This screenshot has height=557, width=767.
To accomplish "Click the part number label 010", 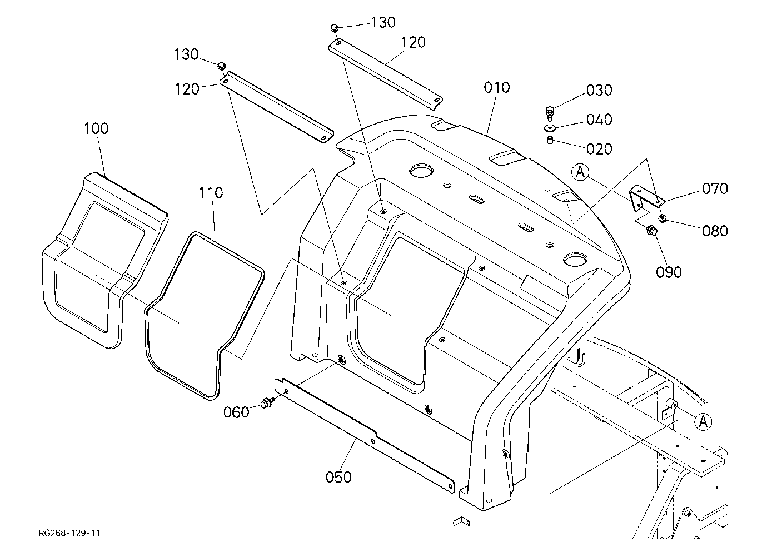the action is [x=496, y=88].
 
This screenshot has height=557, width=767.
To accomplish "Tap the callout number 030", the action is [x=599, y=90].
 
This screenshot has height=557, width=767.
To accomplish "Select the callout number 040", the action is [x=599, y=120].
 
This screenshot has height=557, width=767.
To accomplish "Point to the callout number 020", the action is [x=599, y=149].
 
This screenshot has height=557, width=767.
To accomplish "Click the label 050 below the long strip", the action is [x=338, y=477].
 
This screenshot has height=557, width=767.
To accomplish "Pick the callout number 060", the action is [x=236, y=412].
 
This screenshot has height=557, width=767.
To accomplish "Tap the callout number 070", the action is [x=715, y=189].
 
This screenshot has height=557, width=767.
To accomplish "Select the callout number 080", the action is [x=715, y=231].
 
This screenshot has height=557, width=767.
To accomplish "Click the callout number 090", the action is [x=669, y=272].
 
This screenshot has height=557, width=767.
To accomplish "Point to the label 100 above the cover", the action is [x=96, y=128].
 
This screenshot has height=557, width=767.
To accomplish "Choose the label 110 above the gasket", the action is [x=211, y=193].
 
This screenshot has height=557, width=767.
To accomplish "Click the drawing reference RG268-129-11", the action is [x=69, y=533].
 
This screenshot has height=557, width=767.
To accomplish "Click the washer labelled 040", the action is [x=550, y=128].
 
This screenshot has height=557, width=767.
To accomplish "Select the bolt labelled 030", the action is [x=549, y=113].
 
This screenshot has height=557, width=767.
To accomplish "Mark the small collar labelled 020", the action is [x=550, y=140].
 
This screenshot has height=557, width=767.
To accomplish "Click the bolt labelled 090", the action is [x=651, y=231].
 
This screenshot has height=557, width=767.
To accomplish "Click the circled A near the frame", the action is [x=703, y=421].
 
